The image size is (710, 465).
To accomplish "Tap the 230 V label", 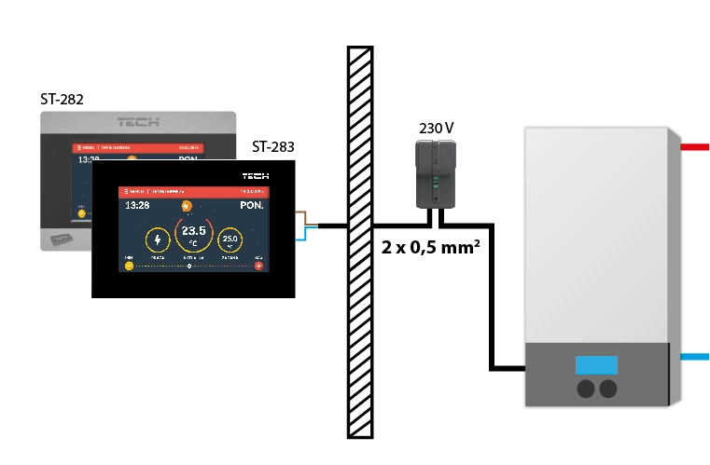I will point(437,128).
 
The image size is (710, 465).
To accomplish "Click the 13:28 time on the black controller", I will point(137,205).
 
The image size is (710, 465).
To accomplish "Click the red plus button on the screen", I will point(259,266).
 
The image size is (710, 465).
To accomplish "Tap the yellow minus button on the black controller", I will point(129,266).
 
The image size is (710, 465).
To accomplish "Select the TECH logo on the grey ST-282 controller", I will point(138,122).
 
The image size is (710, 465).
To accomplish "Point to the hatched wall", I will point(360,242).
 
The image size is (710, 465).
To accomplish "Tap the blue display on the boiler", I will point(596,365).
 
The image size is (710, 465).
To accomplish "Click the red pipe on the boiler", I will point(694,146).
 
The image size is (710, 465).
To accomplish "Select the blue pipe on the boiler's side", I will point(694,357).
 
